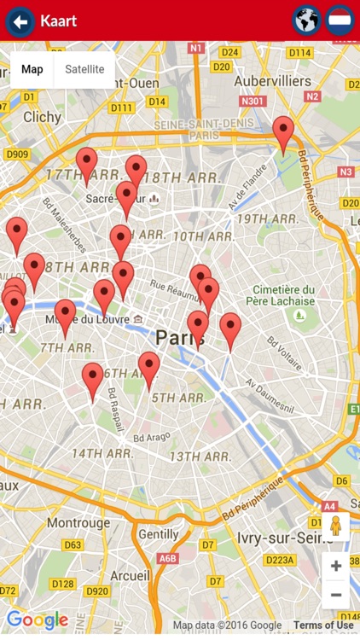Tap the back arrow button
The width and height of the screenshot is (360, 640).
click(20, 21)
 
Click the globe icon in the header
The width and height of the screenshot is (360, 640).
click(306, 20)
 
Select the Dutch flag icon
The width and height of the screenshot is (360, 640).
click(340, 20)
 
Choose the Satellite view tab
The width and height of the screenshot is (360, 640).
click(84, 69)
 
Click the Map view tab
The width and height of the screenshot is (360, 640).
click(32, 69)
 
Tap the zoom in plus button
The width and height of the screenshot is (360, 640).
click(335, 566)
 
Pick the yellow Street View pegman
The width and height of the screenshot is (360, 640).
click(335, 526)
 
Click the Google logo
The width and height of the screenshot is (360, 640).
click(37, 620)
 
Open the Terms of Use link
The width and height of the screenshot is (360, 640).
click(323, 625)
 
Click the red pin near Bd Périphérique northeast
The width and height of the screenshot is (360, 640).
click(283, 134)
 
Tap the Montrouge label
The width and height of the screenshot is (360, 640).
click(78, 522)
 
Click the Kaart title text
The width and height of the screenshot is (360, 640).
click(58, 20)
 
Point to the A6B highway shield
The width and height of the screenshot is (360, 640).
click(167, 558)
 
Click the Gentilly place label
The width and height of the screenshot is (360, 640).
click(159, 534)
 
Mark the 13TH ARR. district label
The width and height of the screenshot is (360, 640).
click(200, 457)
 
